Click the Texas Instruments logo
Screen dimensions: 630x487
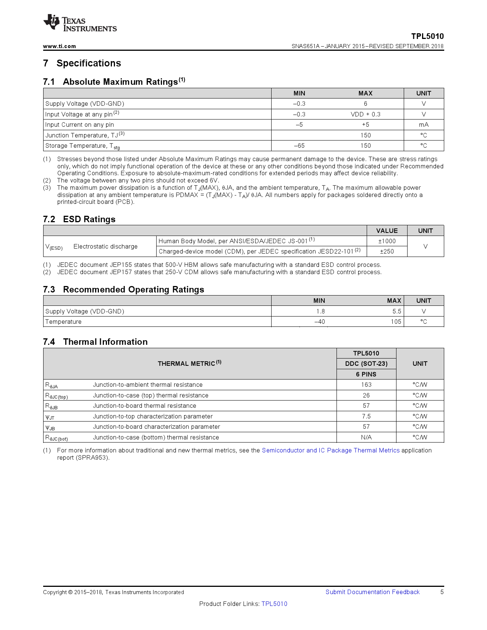click(x=80, y=23)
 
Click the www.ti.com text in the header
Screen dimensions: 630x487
click(x=59, y=46)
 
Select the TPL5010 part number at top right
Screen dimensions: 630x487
click(x=427, y=36)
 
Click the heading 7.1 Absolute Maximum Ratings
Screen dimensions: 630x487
click(x=114, y=82)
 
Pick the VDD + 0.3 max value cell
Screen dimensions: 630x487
click(x=365, y=114)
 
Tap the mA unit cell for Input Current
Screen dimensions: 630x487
click(x=423, y=124)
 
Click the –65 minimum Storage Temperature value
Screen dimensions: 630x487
click(x=299, y=145)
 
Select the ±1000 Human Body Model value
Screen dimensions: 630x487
click(x=387, y=241)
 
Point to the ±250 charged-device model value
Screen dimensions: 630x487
click(x=387, y=251)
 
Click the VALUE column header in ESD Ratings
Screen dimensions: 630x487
click(x=387, y=231)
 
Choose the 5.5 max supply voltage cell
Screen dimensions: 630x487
click(x=396, y=311)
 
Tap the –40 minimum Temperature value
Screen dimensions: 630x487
click(x=319, y=321)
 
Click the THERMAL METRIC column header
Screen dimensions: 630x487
click(x=189, y=363)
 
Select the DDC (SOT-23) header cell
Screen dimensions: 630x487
click(x=366, y=363)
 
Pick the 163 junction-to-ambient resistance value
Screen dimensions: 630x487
click(x=366, y=384)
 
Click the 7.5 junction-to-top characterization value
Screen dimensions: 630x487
click(x=366, y=416)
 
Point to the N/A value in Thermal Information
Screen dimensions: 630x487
click(x=366, y=437)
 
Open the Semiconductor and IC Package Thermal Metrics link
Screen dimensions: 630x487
click(x=330, y=450)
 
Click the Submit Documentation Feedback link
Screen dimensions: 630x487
click(x=372, y=592)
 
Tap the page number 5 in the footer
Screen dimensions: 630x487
click(x=442, y=592)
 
